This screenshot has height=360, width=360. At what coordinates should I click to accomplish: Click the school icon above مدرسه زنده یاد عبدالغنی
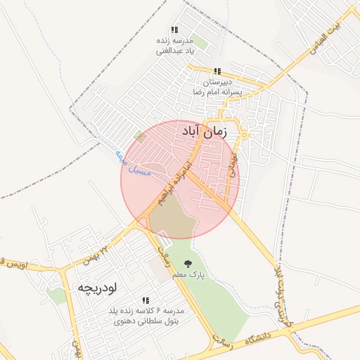pyautogui.click(x=174, y=30)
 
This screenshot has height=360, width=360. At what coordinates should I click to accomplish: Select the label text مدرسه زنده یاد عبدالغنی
pyautogui.click(x=174, y=46)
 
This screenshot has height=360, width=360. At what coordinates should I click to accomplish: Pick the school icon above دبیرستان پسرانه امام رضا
pyautogui.click(x=217, y=71)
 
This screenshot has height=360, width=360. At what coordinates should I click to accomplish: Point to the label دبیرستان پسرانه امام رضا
pyautogui.click(x=217, y=87)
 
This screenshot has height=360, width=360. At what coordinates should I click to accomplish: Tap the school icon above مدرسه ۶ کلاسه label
pyautogui.click(x=146, y=300)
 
